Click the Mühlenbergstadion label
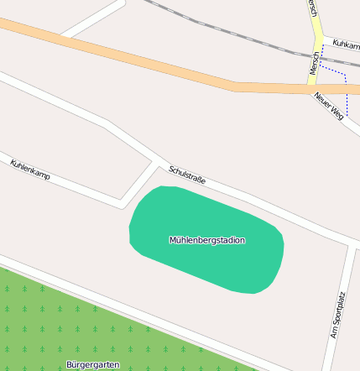coord(207,240)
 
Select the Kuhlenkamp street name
coord(30,169)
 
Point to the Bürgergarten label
coord(92,365)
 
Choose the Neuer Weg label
coord(330,104)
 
